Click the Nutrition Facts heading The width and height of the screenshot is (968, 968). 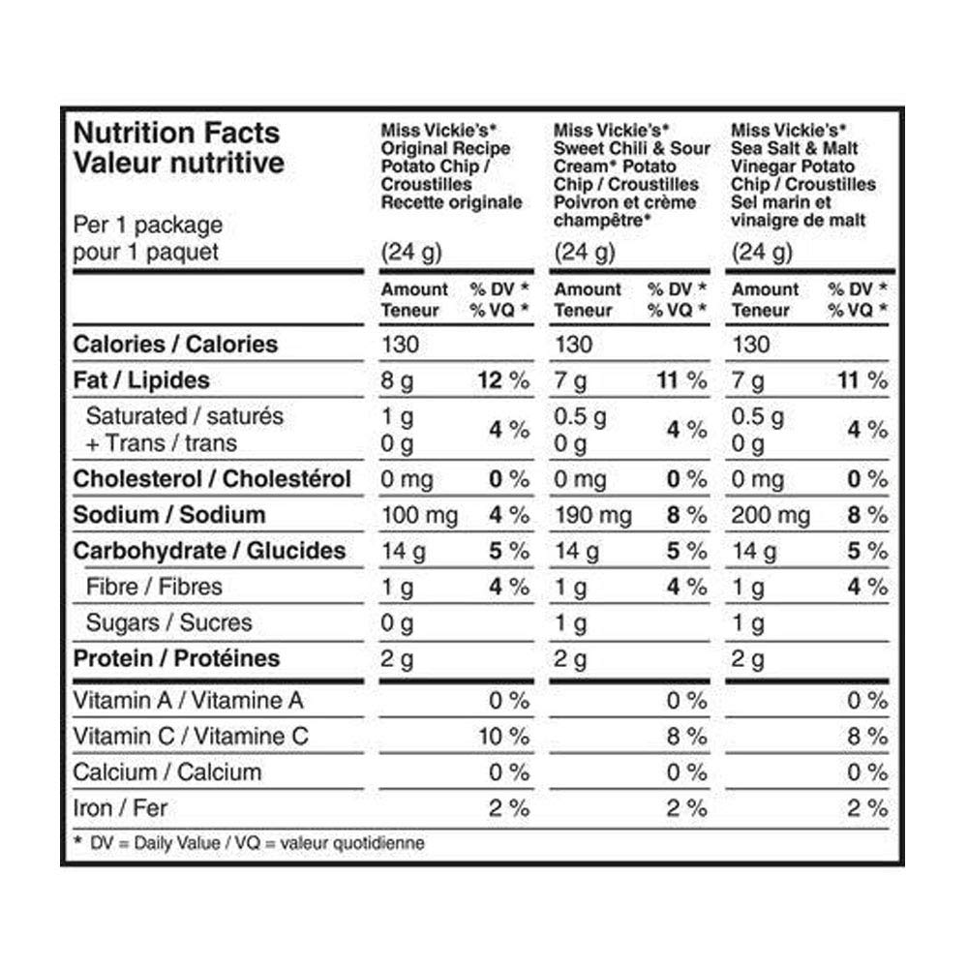click(x=176, y=133)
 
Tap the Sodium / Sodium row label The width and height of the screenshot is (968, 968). click(x=169, y=515)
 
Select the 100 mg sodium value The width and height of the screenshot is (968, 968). click(x=419, y=515)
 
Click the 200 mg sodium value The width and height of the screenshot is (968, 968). click(x=771, y=515)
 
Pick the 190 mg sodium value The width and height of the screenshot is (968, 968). click(x=593, y=515)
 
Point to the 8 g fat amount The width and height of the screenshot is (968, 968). click(x=397, y=380)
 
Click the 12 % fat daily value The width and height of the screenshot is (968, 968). click(x=502, y=380)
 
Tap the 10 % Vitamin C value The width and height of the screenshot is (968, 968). click(x=503, y=737)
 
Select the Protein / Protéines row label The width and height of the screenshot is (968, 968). click(x=176, y=658)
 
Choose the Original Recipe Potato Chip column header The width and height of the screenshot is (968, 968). click(x=451, y=166)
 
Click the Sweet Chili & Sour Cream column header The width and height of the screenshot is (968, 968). click(x=631, y=174)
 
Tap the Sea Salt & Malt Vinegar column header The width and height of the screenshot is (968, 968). click(x=803, y=174)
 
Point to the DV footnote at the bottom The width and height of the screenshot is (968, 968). click(x=249, y=843)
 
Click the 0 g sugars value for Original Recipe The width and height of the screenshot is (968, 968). click(x=397, y=623)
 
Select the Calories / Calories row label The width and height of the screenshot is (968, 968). click(x=175, y=345)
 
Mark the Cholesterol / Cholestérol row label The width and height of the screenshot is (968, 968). click(x=212, y=479)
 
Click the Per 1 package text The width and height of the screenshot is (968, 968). click(x=148, y=225)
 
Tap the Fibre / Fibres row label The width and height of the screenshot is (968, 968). click(x=154, y=587)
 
